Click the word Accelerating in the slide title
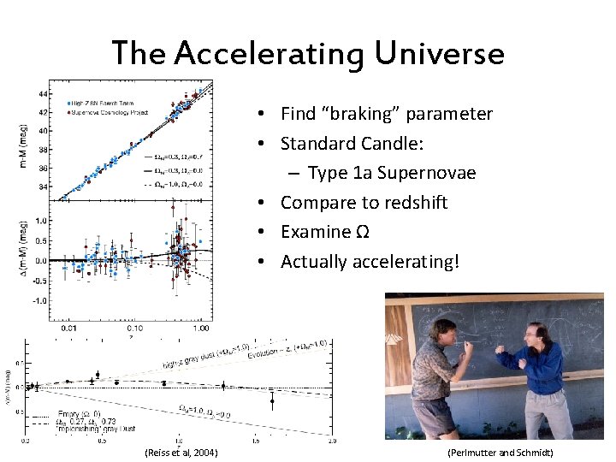click(269, 54)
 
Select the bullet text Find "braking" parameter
click(386, 114)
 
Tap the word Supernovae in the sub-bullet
click(430, 173)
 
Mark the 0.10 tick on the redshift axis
click(133, 327)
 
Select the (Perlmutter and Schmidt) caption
click(500, 453)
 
